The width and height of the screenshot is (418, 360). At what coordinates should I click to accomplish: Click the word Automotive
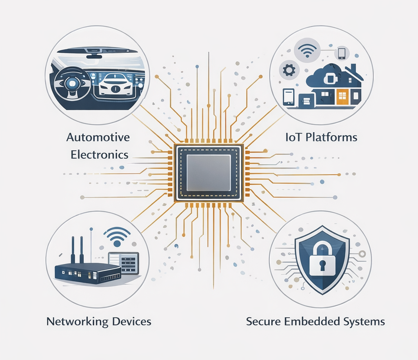(98, 137)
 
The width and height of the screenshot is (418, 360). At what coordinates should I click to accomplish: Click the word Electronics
(100, 155)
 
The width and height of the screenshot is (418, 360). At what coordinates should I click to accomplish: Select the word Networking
(77, 321)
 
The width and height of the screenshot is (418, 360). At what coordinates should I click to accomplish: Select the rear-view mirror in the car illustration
(94, 56)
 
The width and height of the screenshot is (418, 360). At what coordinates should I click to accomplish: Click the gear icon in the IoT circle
(289, 71)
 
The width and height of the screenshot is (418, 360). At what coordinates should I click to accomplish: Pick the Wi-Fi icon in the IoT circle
(307, 50)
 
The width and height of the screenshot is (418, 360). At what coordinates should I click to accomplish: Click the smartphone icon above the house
(342, 53)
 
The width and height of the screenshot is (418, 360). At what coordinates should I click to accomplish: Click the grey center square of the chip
(209, 173)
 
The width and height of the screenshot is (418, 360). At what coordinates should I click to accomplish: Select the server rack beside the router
(124, 263)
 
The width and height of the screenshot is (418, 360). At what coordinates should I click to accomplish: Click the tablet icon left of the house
(289, 97)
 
